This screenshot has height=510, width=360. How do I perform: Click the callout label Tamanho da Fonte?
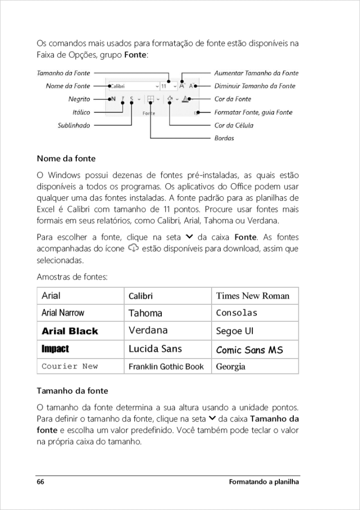coord(63,73)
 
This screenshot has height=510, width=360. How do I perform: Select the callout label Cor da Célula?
coord(234,126)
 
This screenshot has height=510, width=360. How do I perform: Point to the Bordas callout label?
coord(224,138)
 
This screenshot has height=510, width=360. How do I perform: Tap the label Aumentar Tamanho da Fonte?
coord(256,73)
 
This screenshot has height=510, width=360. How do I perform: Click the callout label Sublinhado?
coord(74,126)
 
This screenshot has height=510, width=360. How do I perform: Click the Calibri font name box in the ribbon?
coord(132,86)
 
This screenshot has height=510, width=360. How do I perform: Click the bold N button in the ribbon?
coord(113,99)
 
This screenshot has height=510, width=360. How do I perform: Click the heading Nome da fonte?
coord(66,159)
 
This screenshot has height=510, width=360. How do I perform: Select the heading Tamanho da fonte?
coord(72,391)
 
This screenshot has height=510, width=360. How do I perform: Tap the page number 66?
coord(40,482)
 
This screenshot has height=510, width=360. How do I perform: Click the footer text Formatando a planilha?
coord(264,482)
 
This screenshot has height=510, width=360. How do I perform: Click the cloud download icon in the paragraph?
coord(133,248)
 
